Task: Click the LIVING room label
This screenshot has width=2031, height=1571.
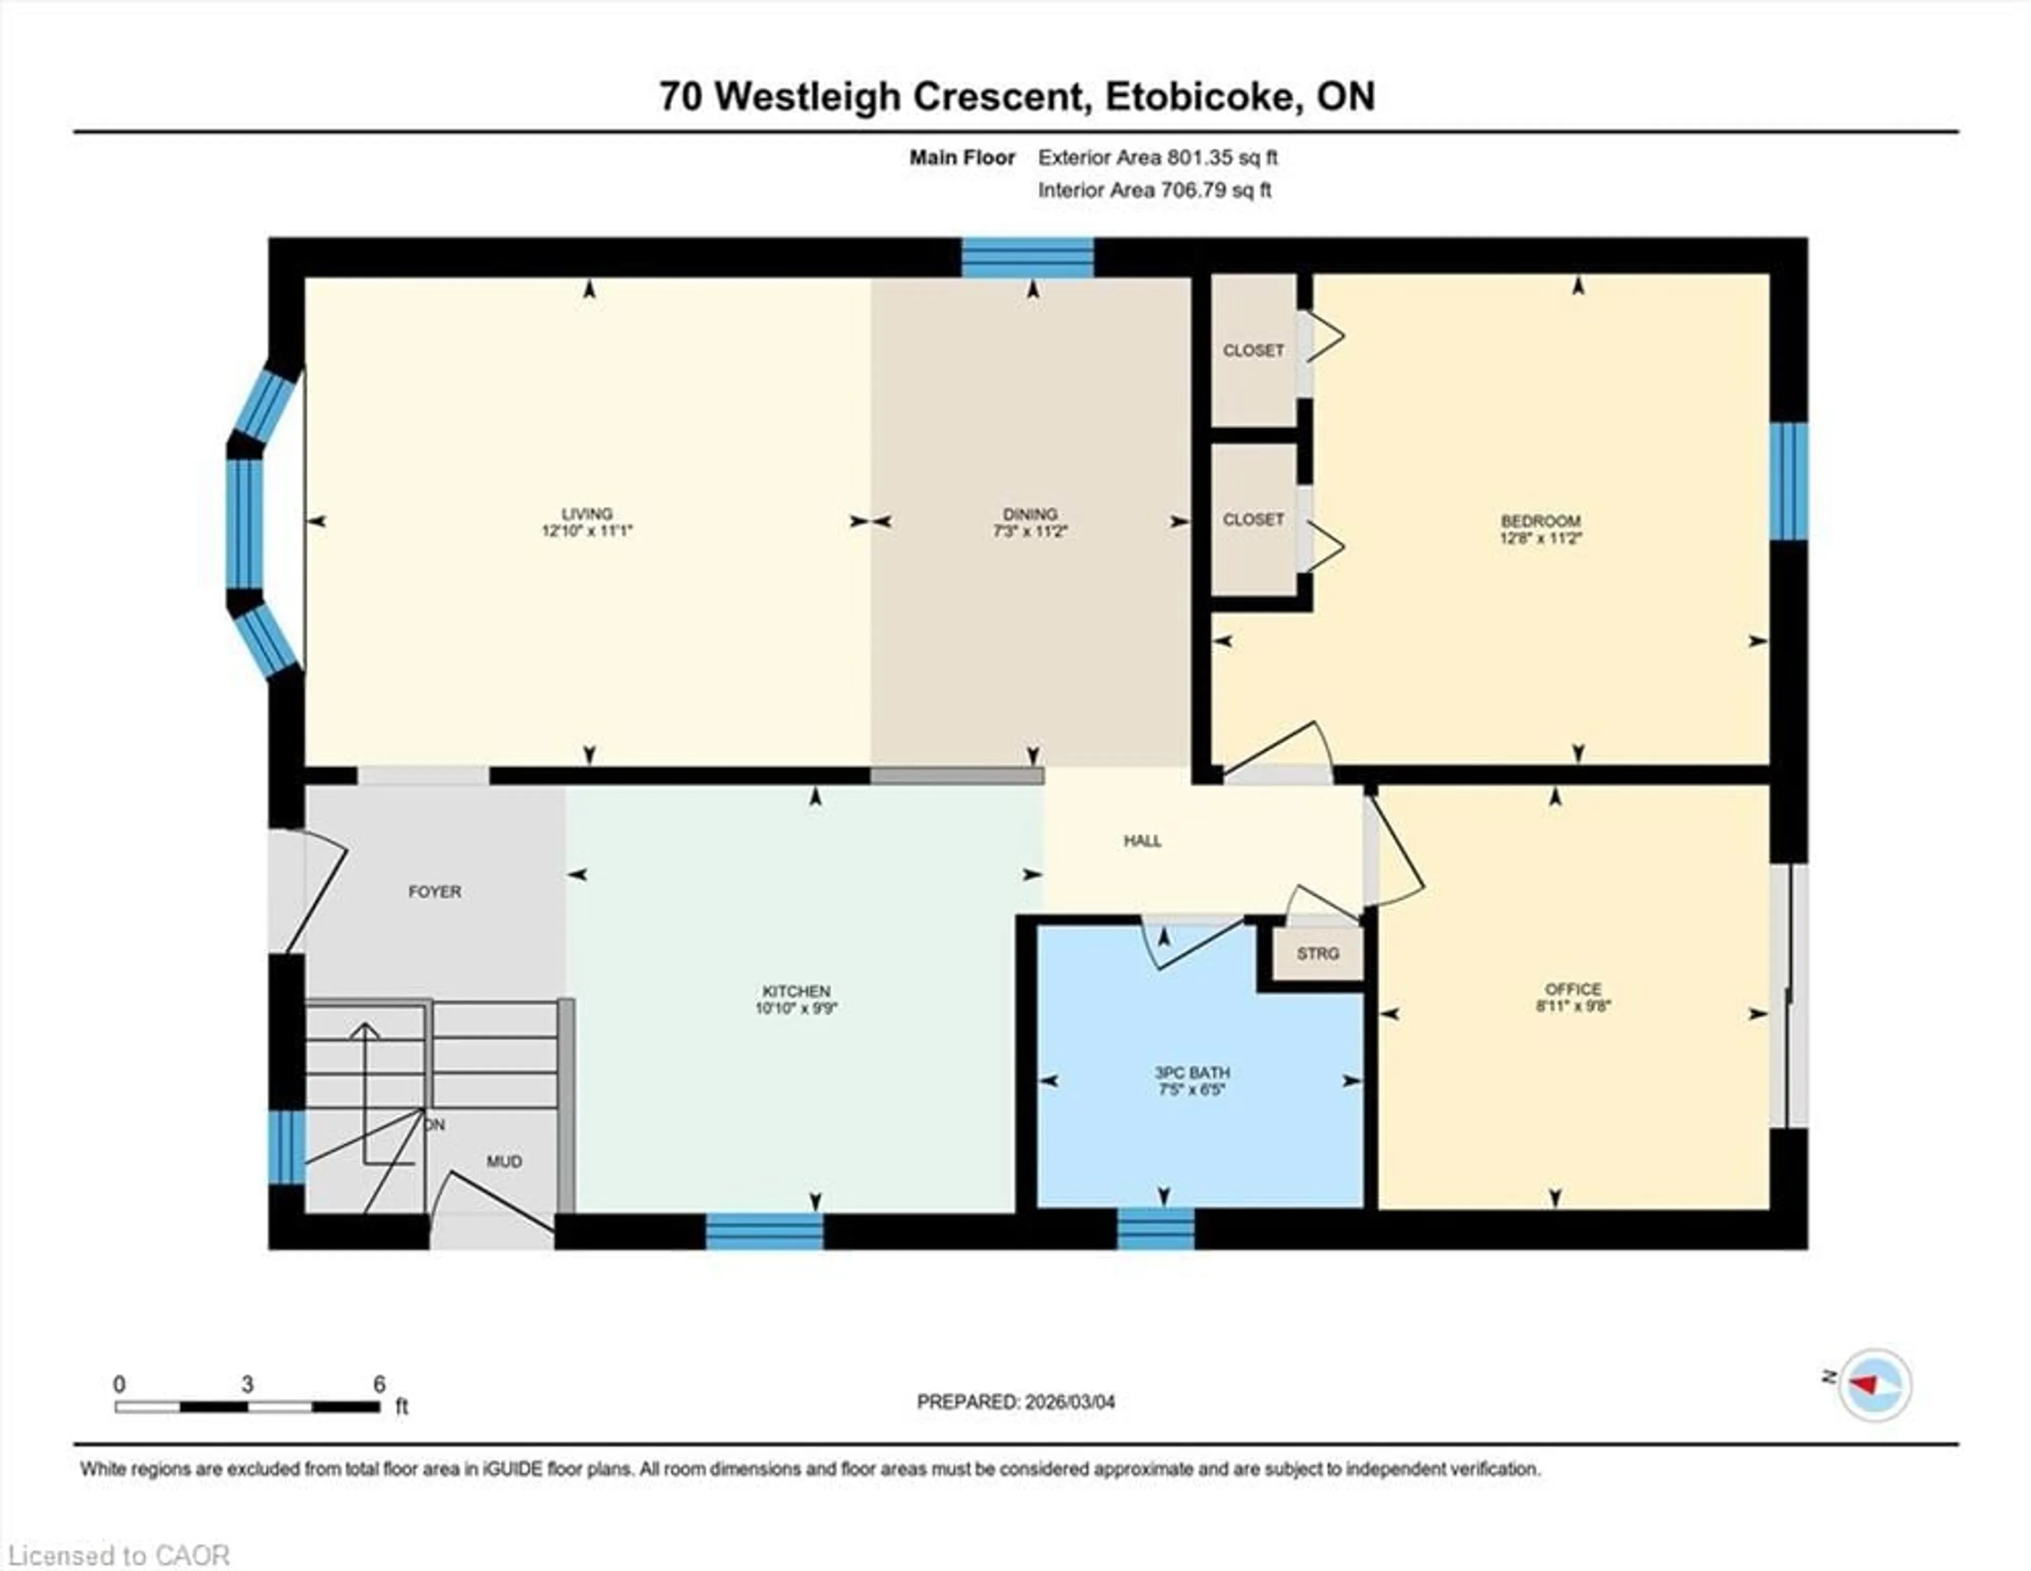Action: tap(587, 514)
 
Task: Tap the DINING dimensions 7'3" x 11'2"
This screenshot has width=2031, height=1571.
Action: tap(1029, 531)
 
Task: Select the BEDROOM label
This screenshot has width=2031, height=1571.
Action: tap(1540, 521)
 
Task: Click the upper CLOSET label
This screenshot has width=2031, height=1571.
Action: tap(1252, 351)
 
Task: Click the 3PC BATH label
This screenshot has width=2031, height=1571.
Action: tap(1192, 1072)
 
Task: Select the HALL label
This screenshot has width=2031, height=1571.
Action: tap(1142, 841)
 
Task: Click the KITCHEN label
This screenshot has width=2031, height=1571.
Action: tap(796, 991)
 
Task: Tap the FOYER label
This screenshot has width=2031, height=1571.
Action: tap(434, 892)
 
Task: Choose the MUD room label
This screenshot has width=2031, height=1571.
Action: tap(504, 1162)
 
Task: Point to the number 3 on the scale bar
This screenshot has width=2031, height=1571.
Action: tap(248, 1384)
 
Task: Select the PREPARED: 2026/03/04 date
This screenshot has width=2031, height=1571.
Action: tap(1015, 1402)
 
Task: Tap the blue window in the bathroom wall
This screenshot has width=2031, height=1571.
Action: tap(1155, 1229)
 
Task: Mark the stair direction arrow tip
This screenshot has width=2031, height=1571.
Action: tap(365, 1025)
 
